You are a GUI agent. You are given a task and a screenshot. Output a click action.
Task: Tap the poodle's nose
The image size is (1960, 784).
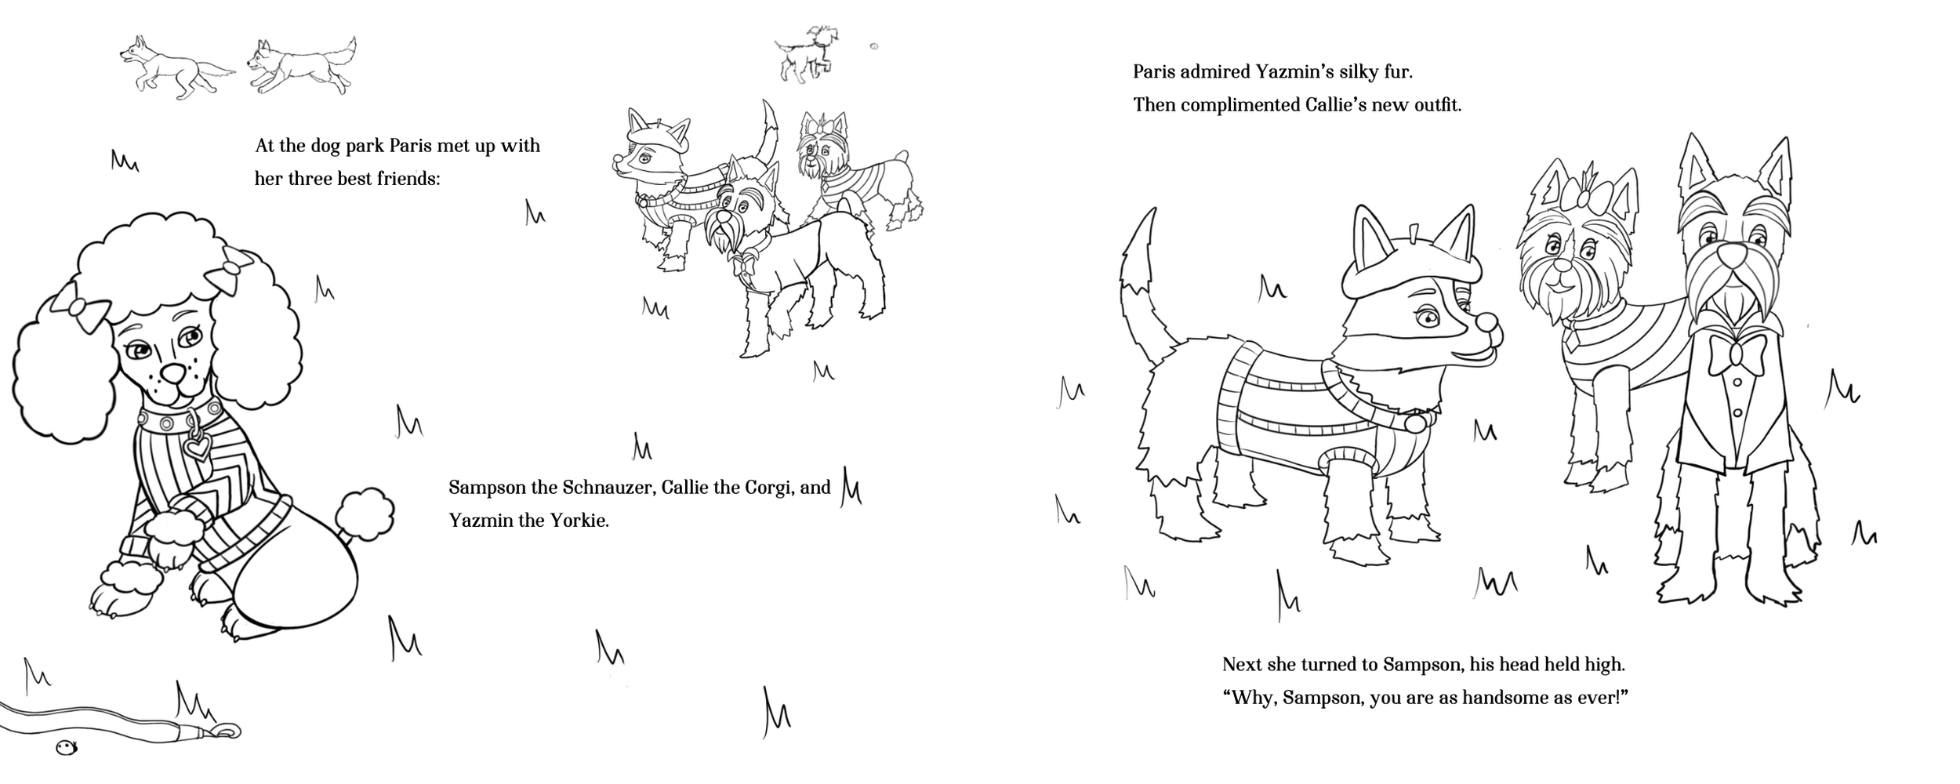pyautogui.click(x=172, y=371)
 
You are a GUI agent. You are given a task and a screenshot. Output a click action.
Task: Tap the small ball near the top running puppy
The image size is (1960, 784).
pyautogui.click(x=874, y=47)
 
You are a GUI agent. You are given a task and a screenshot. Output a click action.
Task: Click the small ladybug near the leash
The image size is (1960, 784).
pyautogui.click(x=67, y=749)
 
